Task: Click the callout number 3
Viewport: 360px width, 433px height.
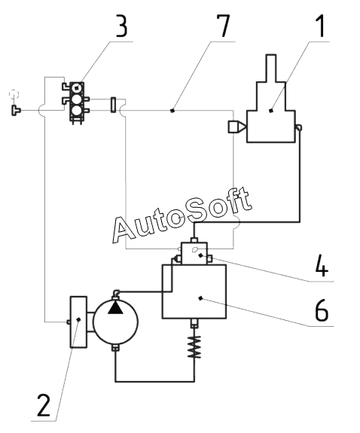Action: pos(121,26)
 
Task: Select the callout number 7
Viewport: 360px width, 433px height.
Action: pos(223,26)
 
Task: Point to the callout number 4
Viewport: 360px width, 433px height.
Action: pos(322,265)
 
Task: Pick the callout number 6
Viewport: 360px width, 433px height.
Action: pos(322,310)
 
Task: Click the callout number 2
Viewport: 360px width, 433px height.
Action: pos(44,405)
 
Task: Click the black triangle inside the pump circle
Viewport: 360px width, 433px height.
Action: pos(115,308)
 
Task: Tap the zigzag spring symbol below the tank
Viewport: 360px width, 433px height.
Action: pos(194,347)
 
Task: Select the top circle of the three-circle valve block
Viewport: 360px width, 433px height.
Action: pos(77,88)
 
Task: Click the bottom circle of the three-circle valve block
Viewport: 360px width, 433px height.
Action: pos(77,111)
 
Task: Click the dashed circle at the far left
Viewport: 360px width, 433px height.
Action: pos(14,94)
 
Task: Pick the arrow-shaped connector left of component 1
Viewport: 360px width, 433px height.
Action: pos(236,127)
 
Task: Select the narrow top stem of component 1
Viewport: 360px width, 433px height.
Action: pos(271,69)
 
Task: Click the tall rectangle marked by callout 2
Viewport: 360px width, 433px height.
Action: pos(78,322)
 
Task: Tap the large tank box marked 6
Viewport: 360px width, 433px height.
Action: pos(194,291)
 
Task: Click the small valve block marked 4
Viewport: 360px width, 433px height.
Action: pos(194,254)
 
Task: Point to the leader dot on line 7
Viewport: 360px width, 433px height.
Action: pos(172,111)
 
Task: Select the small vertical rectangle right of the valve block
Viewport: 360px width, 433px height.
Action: pos(113,105)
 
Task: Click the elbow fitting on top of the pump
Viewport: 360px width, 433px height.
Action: pos(116,293)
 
